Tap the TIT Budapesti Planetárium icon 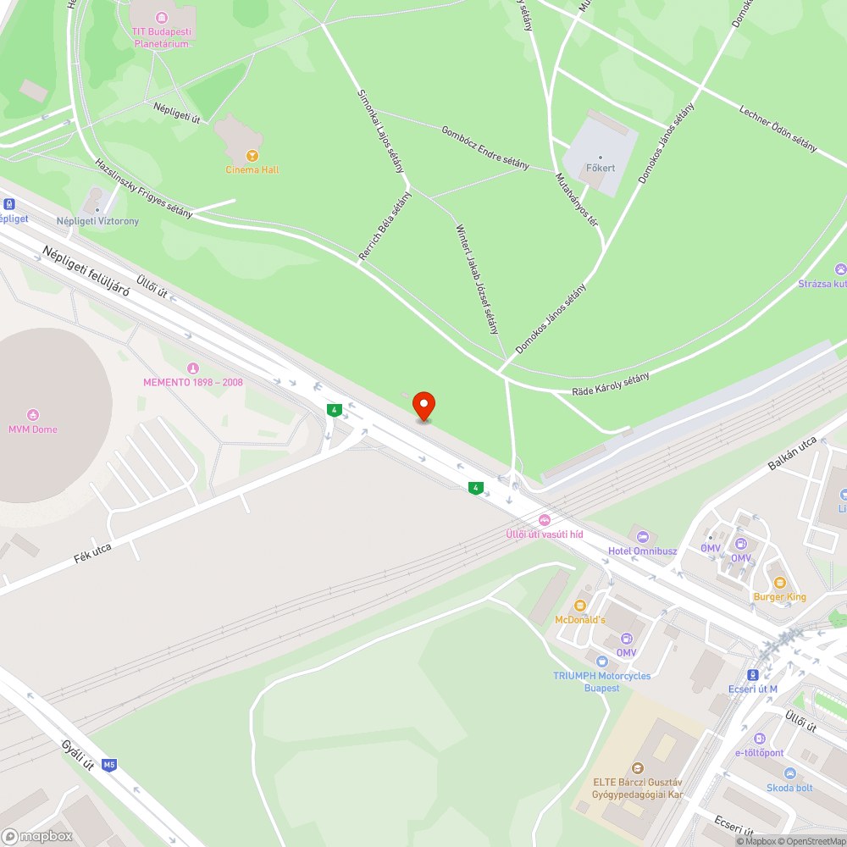coord(161,16)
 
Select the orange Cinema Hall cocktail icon coord(252,155)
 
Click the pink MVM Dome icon coord(33,414)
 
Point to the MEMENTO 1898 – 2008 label coord(192,382)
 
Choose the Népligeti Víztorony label coord(97,221)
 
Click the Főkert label coord(601,168)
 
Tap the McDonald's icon coord(580,606)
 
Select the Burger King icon coord(779,583)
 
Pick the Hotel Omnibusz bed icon coord(642,536)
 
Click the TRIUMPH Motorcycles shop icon coord(601,661)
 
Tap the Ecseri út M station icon coord(753,674)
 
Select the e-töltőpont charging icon coord(759,739)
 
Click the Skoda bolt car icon coord(789,773)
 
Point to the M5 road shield coord(108,765)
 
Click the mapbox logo coord(37,836)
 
